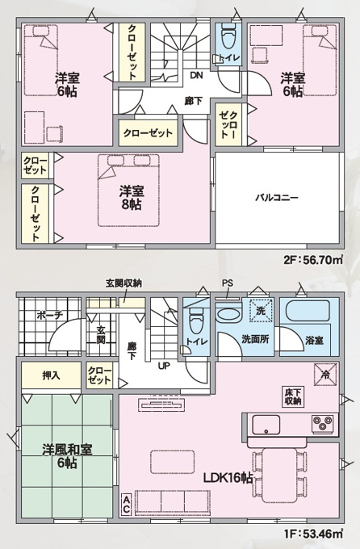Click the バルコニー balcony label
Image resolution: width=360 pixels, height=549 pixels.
pos(277,198)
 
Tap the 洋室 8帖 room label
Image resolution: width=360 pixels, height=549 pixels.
pos(132,198)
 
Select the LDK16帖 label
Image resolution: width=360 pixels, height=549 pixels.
pos(228,478)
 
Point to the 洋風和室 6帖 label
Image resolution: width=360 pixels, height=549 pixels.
pos(67,456)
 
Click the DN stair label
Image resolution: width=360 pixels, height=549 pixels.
pos(196,75)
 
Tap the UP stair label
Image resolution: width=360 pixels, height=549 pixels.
pos(164,367)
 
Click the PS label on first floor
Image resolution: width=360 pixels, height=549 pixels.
pos(228,283)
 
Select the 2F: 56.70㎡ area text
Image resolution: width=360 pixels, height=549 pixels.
pos(313,260)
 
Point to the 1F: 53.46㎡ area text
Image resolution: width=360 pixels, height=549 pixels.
pos(313,534)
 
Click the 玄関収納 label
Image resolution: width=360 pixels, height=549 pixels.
pos(124,283)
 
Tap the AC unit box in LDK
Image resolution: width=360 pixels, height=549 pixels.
pos(126,505)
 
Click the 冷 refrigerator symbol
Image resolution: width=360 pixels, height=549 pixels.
pos(325,375)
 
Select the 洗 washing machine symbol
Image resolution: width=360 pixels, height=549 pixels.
pos(261,310)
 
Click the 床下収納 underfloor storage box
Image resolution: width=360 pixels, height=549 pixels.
pos(293,396)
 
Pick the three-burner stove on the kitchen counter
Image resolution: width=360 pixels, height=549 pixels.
pos(323,424)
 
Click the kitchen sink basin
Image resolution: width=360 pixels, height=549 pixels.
pos(266,425)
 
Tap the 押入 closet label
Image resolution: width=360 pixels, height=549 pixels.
pos(51,375)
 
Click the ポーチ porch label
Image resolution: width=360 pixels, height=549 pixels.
pos(49,315)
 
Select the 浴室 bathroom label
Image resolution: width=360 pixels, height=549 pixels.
pos(314,340)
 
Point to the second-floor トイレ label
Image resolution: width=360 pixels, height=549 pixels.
pos(229,58)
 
